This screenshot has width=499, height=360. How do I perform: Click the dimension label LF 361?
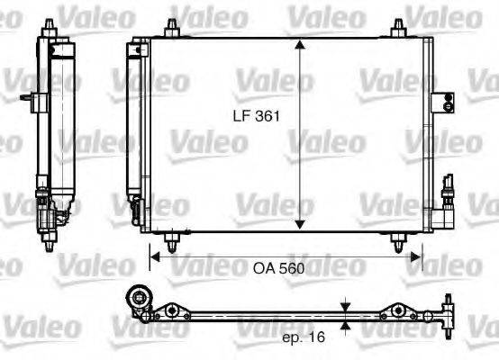(253, 116)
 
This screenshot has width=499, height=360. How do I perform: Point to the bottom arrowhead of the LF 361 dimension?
(300, 226)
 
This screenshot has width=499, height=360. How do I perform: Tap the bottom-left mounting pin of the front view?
(171, 240)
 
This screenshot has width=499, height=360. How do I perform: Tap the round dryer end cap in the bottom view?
(140, 299)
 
